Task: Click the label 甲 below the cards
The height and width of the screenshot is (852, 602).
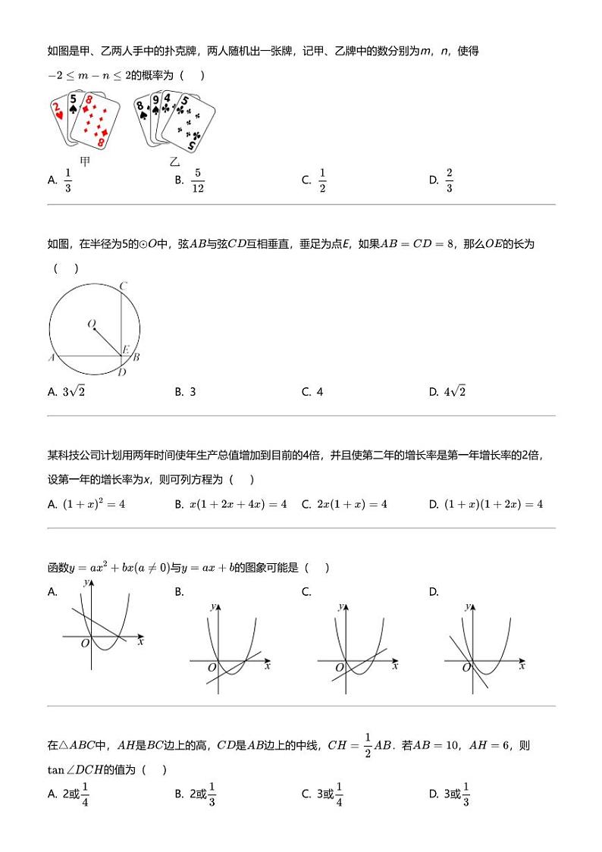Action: pyautogui.click(x=85, y=161)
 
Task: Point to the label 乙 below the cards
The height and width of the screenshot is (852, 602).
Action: pyautogui.click(x=174, y=161)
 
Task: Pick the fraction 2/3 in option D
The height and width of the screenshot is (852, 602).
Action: pyautogui.click(x=449, y=180)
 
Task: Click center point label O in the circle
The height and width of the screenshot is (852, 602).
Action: pyautogui.click(x=91, y=324)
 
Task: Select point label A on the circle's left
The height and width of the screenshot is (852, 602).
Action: pyautogui.click(x=52, y=358)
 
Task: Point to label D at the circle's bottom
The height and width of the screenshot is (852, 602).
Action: pyautogui.click(x=122, y=372)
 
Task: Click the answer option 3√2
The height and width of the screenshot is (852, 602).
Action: pyautogui.click(x=74, y=392)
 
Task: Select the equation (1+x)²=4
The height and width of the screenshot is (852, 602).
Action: pyautogui.click(x=94, y=504)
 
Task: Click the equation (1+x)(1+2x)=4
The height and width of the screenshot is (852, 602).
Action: pyautogui.click(x=494, y=504)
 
